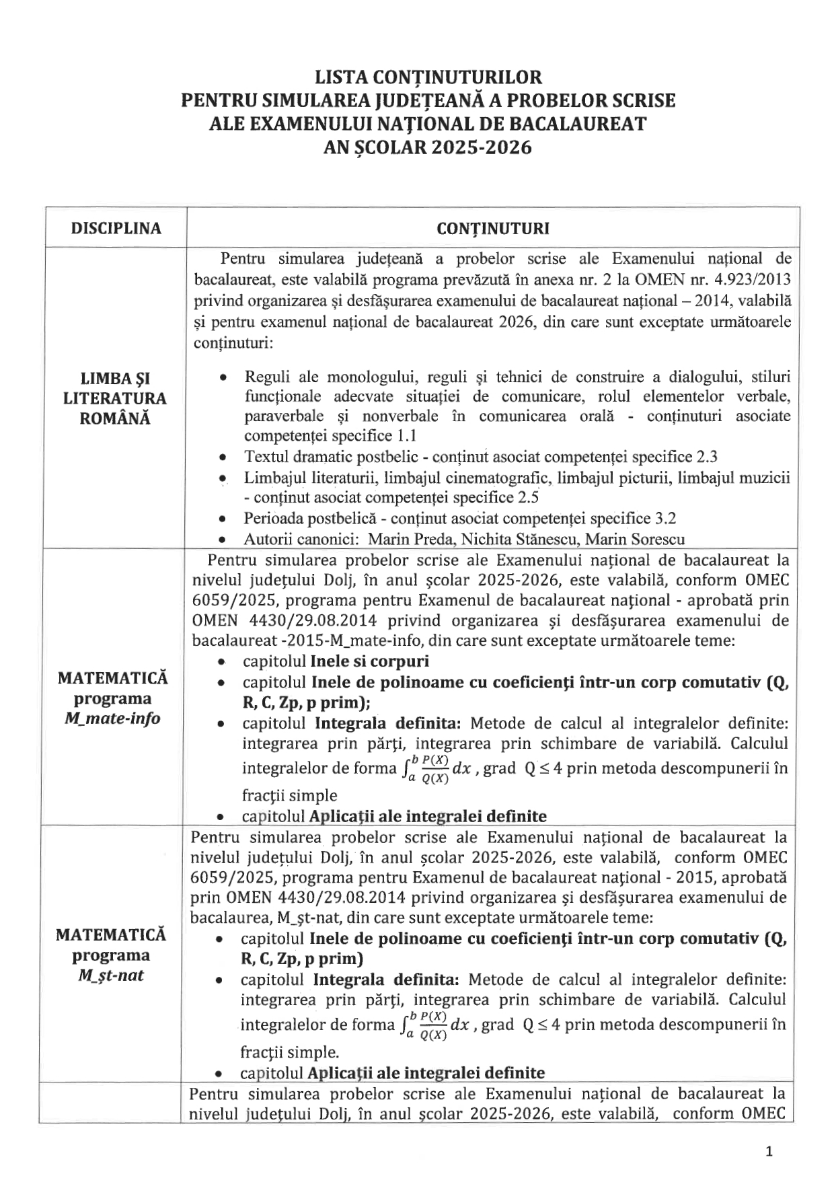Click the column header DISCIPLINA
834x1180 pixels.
tap(116, 228)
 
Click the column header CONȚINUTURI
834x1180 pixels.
tap(492, 228)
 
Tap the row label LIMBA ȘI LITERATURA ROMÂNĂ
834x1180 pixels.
tap(116, 398)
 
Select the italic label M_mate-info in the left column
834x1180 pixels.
tap(113, 718)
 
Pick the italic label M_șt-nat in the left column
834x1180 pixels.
tap(111, 975)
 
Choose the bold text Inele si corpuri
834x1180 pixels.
tap(370, 661)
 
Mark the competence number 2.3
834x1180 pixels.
tap(706, 457)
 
